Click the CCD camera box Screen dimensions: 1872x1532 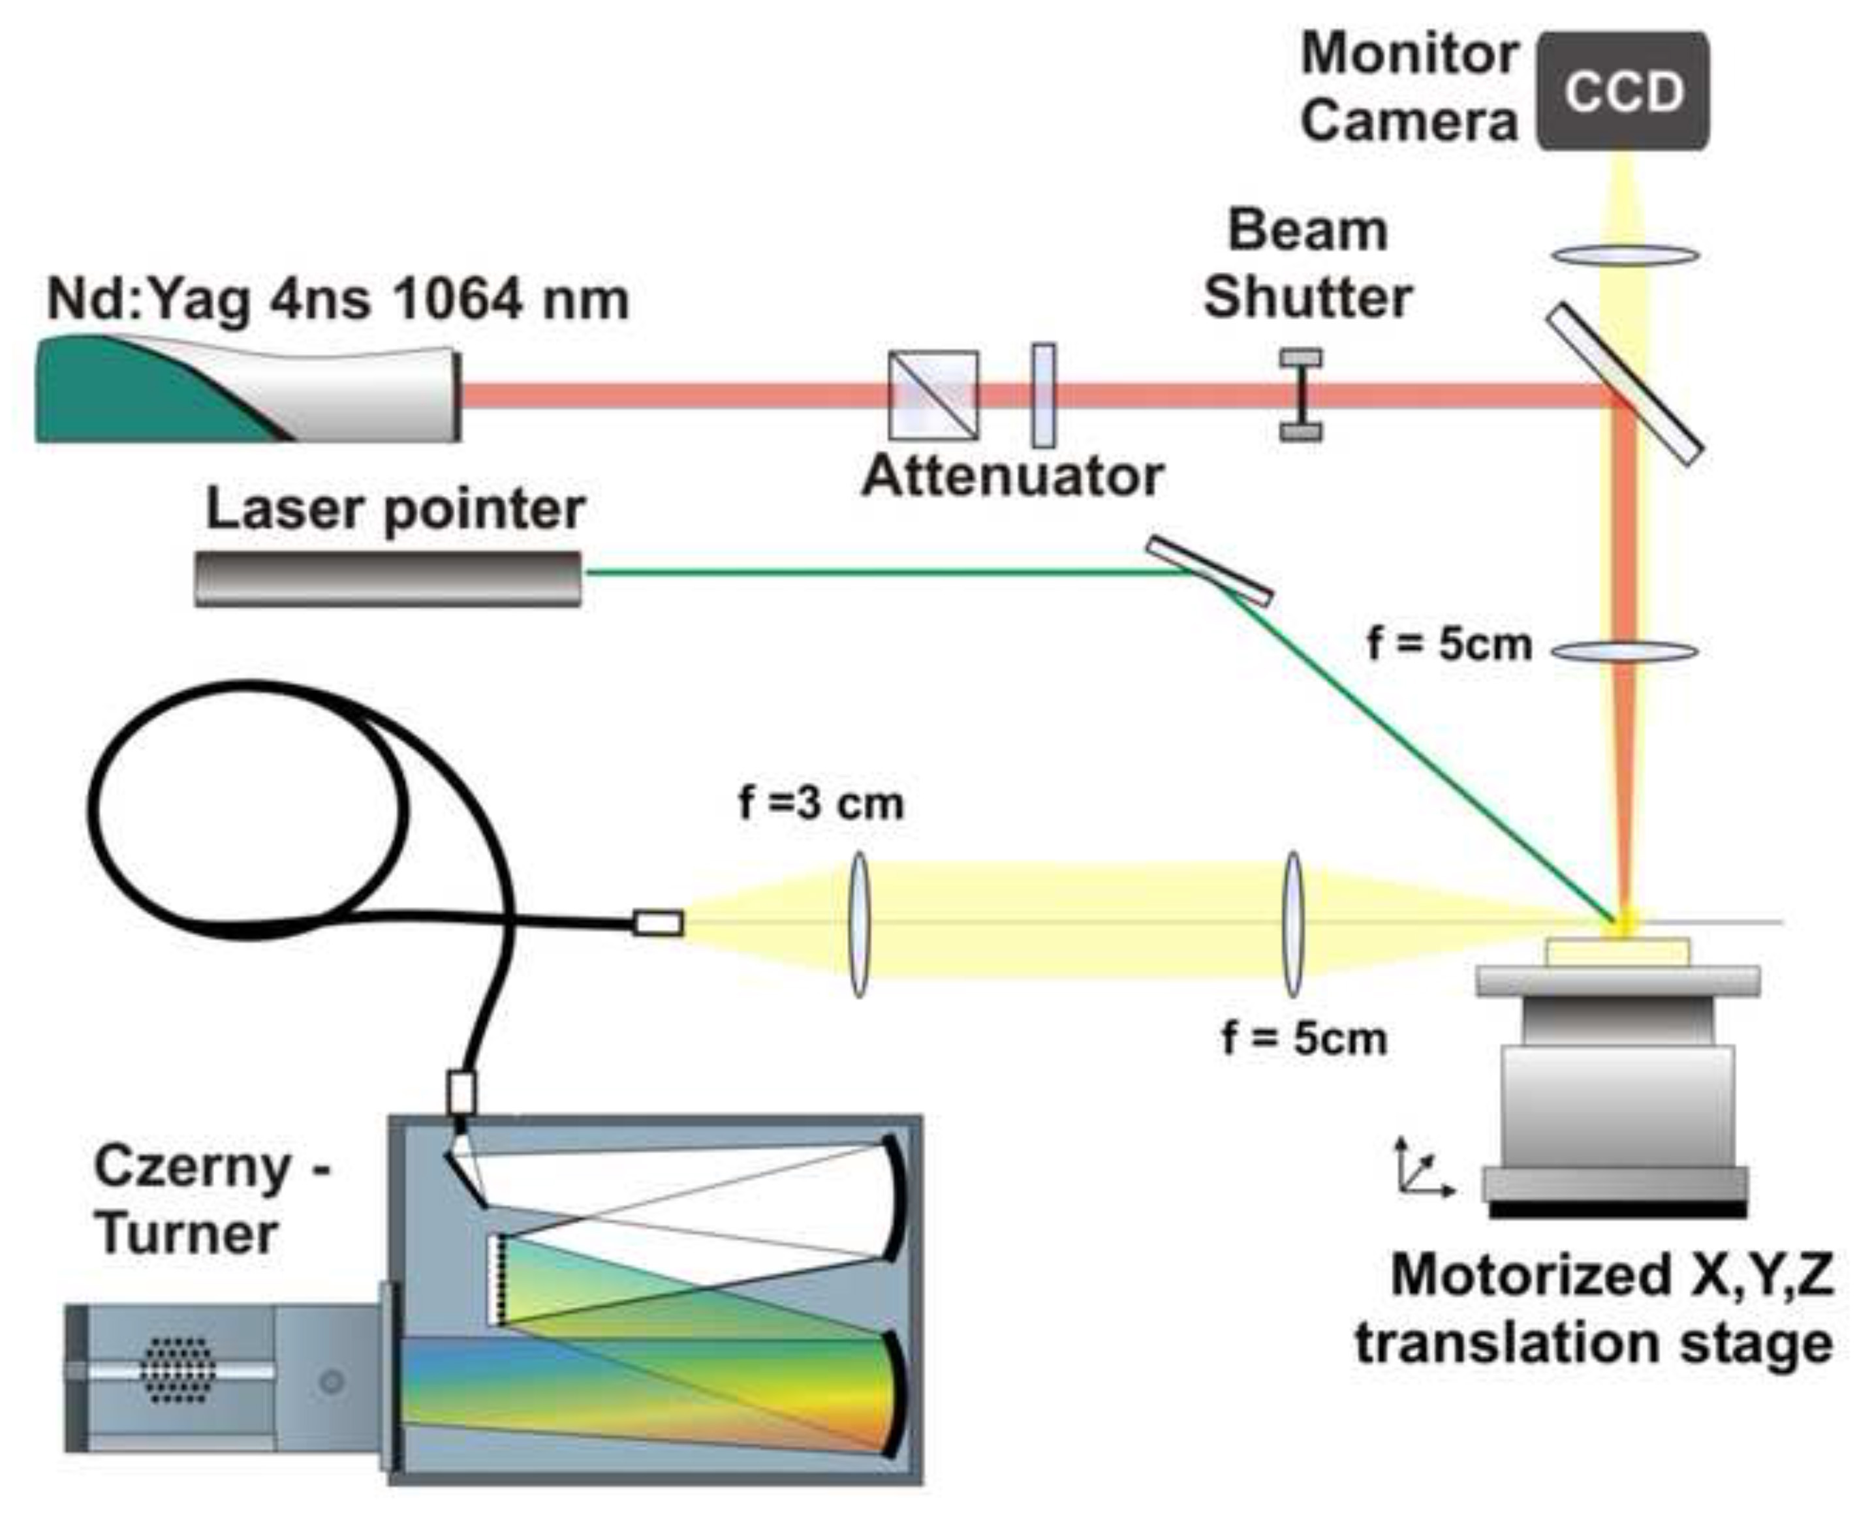click(1622, 90)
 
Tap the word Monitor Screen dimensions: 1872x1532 click(1409, 55)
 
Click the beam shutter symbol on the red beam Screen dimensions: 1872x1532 click(1301, 395)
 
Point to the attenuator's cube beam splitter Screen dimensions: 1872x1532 click(933, 395)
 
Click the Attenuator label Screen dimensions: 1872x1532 click(1013, 476)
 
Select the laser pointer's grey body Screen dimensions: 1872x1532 click(388, 579)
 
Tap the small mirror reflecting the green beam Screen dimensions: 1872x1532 click(1210, 571)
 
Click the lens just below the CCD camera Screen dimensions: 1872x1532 click(1626, 256)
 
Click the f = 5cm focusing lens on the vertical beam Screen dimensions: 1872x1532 click(1624, 652)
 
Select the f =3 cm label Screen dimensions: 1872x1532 click(821, 804)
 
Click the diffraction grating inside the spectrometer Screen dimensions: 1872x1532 click(497, 1279)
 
